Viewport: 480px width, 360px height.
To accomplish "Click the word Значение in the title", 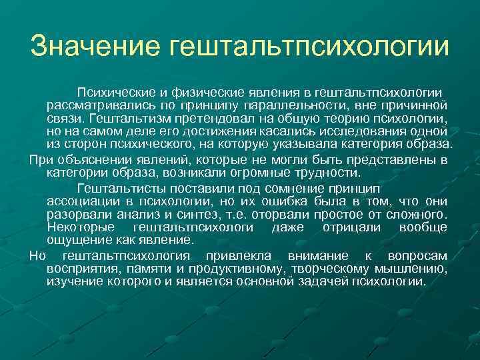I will pyautogui.click(x=96, y=46).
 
